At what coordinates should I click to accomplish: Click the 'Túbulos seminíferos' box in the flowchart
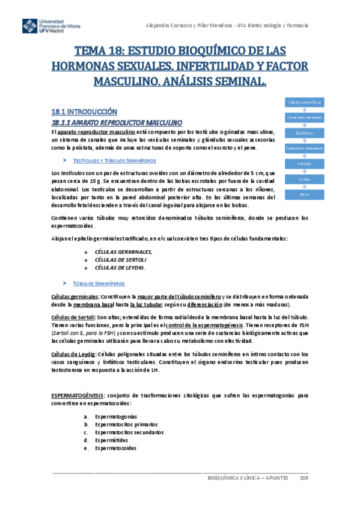(304, 101)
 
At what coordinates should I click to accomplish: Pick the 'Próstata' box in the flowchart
(304, 164)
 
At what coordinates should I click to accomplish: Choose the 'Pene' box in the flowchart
(304, 194)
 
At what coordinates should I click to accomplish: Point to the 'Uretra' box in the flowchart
(304, 179)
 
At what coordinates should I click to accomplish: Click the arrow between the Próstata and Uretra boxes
(304, 171)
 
